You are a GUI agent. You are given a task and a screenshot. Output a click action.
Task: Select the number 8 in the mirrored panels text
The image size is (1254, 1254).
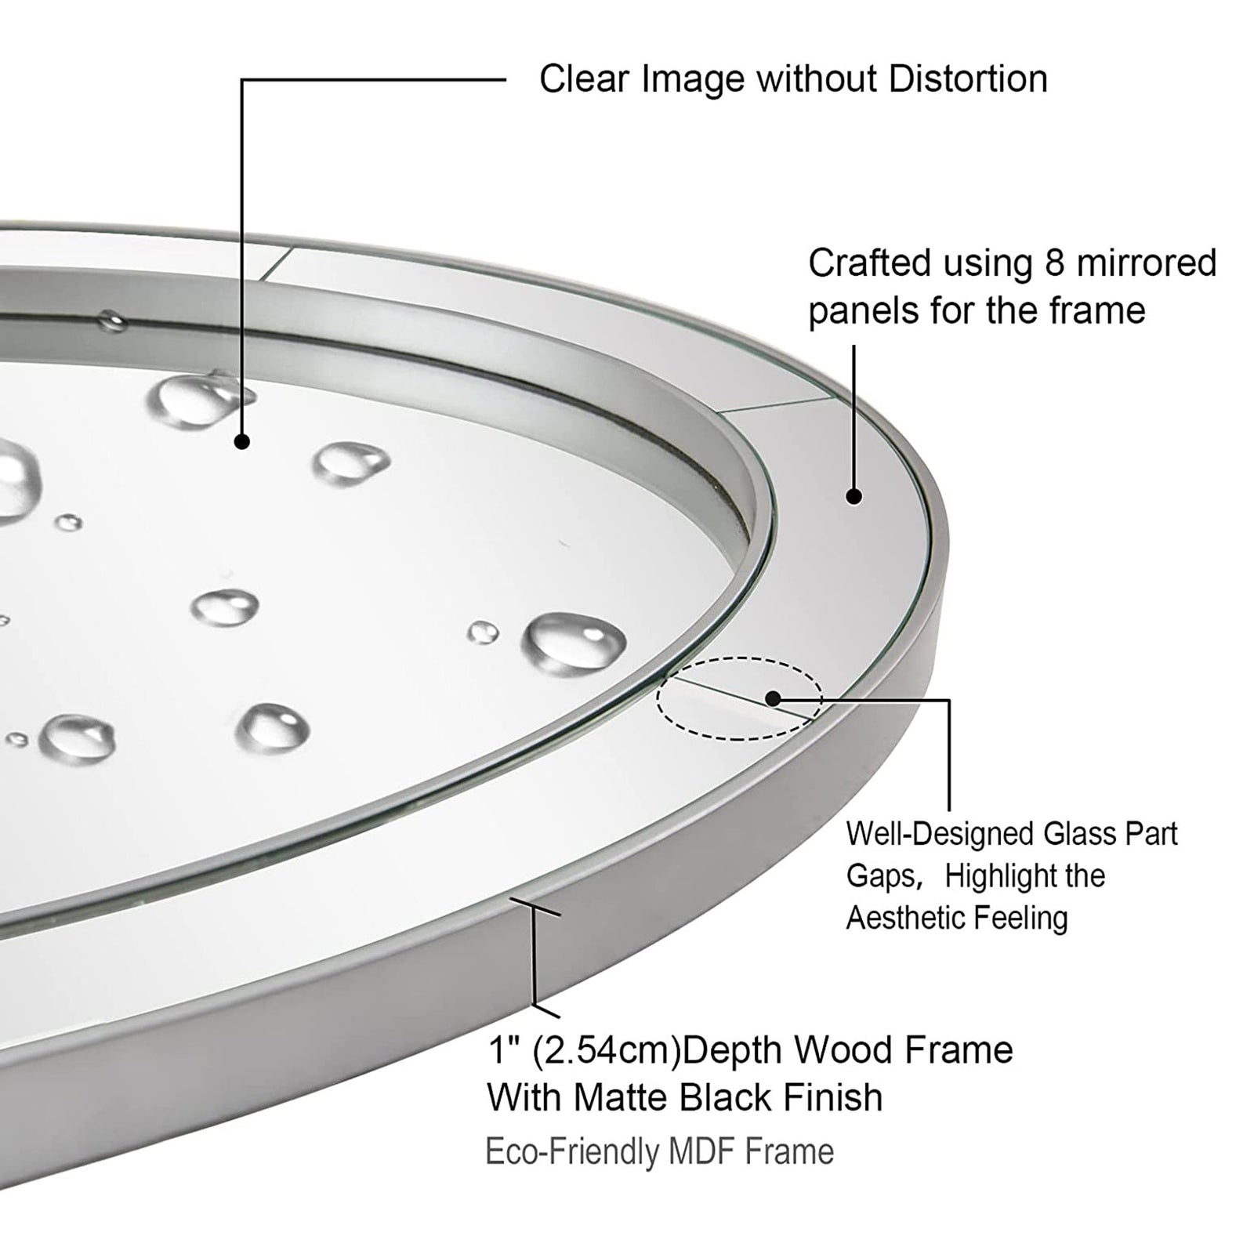[x=1054, y=263]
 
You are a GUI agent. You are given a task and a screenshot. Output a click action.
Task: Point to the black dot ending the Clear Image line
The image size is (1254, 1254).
[x=242, y=442]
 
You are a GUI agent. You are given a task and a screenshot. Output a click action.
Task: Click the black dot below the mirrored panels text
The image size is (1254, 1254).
[x=854, y=496]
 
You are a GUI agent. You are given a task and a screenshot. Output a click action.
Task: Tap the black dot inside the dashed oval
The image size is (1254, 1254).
[x=773, y=698]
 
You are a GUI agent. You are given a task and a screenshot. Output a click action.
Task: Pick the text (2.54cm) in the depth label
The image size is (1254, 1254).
[x=607, y=1051]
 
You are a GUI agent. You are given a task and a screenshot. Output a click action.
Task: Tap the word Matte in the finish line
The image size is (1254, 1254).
[x=620, y=1097]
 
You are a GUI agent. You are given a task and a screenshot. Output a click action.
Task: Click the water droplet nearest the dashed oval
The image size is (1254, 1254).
[x=574, y=641]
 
